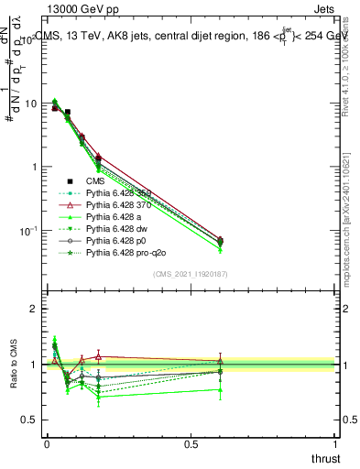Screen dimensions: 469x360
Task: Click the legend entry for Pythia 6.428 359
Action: [x=118, y=192]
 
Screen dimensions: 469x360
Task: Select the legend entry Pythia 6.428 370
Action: [x=118, y=204]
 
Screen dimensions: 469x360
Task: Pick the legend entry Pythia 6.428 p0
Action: [x=115, y=238]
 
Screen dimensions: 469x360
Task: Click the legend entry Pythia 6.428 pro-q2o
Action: [x=124, y=250]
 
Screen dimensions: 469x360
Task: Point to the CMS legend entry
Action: [x=96, y=181]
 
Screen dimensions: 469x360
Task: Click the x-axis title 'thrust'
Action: [x=324, y=458]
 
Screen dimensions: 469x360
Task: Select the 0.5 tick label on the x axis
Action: [x=191, y=443]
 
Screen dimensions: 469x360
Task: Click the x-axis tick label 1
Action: [x=335, y=443]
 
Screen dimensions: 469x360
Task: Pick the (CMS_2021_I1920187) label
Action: [x=190, y=273]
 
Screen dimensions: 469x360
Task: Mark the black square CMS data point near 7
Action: [x=67, y=112]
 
